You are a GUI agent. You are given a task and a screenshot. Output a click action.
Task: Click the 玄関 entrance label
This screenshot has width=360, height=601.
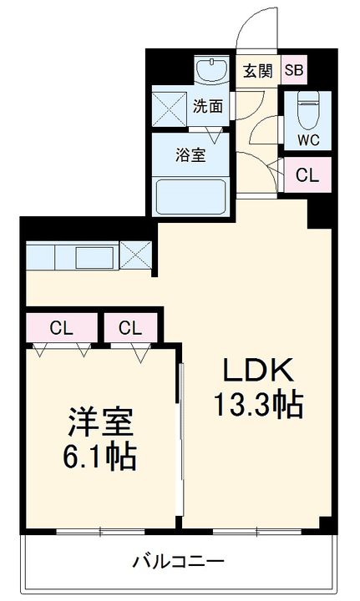(258, 71)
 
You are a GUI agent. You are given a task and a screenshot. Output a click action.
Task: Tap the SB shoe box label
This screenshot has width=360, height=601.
(294, 71)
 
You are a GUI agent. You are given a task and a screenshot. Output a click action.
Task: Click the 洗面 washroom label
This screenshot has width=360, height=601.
(209, 106)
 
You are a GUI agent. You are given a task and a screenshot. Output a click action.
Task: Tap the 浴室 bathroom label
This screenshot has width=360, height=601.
(191, 154)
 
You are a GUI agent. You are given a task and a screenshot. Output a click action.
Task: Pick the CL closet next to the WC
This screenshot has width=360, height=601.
(307, 176)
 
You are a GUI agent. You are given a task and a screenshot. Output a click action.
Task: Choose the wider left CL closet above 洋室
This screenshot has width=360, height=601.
(58, 327)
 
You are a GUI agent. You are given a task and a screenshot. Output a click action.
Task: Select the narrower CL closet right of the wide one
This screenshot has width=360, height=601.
(129, 327)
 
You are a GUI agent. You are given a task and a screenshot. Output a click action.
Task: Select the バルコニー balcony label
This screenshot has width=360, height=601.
(178, 562)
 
